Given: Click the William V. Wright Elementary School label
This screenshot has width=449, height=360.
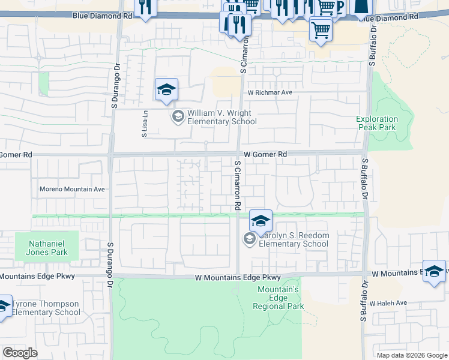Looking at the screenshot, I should [221, 117].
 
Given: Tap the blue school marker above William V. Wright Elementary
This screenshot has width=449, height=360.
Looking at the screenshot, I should [166, 90].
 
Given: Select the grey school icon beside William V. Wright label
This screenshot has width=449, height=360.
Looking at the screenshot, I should [178, 116].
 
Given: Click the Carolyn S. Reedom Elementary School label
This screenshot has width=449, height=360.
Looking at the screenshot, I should [294, 240].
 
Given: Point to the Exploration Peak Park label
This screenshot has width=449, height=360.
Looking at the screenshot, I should [376, 123].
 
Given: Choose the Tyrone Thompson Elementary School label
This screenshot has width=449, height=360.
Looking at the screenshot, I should [45, 308].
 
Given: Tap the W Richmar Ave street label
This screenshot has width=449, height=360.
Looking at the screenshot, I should [270, 93].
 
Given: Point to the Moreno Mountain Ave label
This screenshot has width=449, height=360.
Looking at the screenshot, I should [72, 189].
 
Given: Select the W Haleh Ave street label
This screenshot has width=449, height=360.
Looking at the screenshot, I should [388, 303].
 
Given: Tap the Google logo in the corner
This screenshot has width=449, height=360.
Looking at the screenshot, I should [20, 353].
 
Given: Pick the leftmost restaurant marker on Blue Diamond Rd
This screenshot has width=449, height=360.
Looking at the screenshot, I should [145, 7].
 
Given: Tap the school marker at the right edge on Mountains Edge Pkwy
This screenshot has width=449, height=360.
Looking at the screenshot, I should [435, 271].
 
